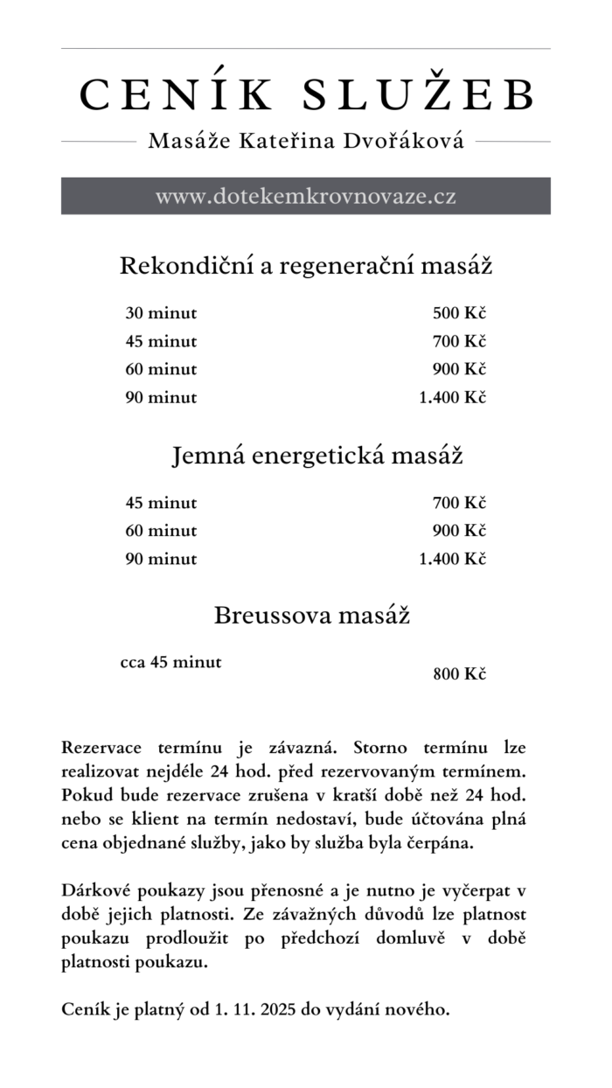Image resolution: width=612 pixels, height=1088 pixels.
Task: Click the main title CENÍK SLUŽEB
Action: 306,94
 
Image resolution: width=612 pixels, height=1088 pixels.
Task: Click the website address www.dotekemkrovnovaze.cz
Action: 306,196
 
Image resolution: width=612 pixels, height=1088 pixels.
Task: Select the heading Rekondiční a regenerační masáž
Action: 306,266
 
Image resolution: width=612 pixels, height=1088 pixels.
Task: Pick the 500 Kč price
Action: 459,314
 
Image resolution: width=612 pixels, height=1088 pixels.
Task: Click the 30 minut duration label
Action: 161,314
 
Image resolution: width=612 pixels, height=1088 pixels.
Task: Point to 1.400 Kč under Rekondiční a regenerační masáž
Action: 452,398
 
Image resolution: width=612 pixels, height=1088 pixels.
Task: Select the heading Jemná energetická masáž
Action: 317,457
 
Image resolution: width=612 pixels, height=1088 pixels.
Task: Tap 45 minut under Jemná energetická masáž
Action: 161,503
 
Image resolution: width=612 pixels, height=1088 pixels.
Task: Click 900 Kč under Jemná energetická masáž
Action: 459,531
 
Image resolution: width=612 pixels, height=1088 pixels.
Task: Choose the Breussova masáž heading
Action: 312,616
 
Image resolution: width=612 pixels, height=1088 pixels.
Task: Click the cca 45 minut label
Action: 170,662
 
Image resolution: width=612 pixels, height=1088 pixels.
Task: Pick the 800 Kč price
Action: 459,674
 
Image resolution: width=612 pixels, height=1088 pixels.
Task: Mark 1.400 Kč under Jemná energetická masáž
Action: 452,559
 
